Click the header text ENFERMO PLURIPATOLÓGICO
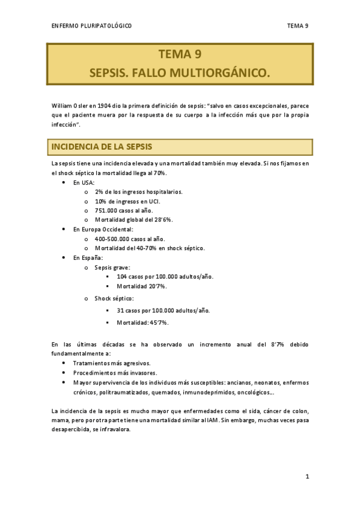pos(92,26)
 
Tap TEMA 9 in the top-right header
pos(297,26)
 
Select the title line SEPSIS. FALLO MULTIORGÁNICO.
pos(180,73)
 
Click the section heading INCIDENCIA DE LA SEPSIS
pos(102,147)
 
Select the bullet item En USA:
pos(84,182)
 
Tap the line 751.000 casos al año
pos(124,210)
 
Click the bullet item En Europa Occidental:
pos(103,229)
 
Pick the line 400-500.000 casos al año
pos(130,239)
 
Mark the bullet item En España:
pos(88,257)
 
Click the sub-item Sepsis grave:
pos(113,267)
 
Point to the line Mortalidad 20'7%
pos(142,286)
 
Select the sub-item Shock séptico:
pos(114,298)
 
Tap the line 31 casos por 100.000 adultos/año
pos(163,310)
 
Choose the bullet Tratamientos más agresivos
pos(112,363)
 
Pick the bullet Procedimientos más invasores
pos(115,372)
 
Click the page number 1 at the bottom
pos(307,477)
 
